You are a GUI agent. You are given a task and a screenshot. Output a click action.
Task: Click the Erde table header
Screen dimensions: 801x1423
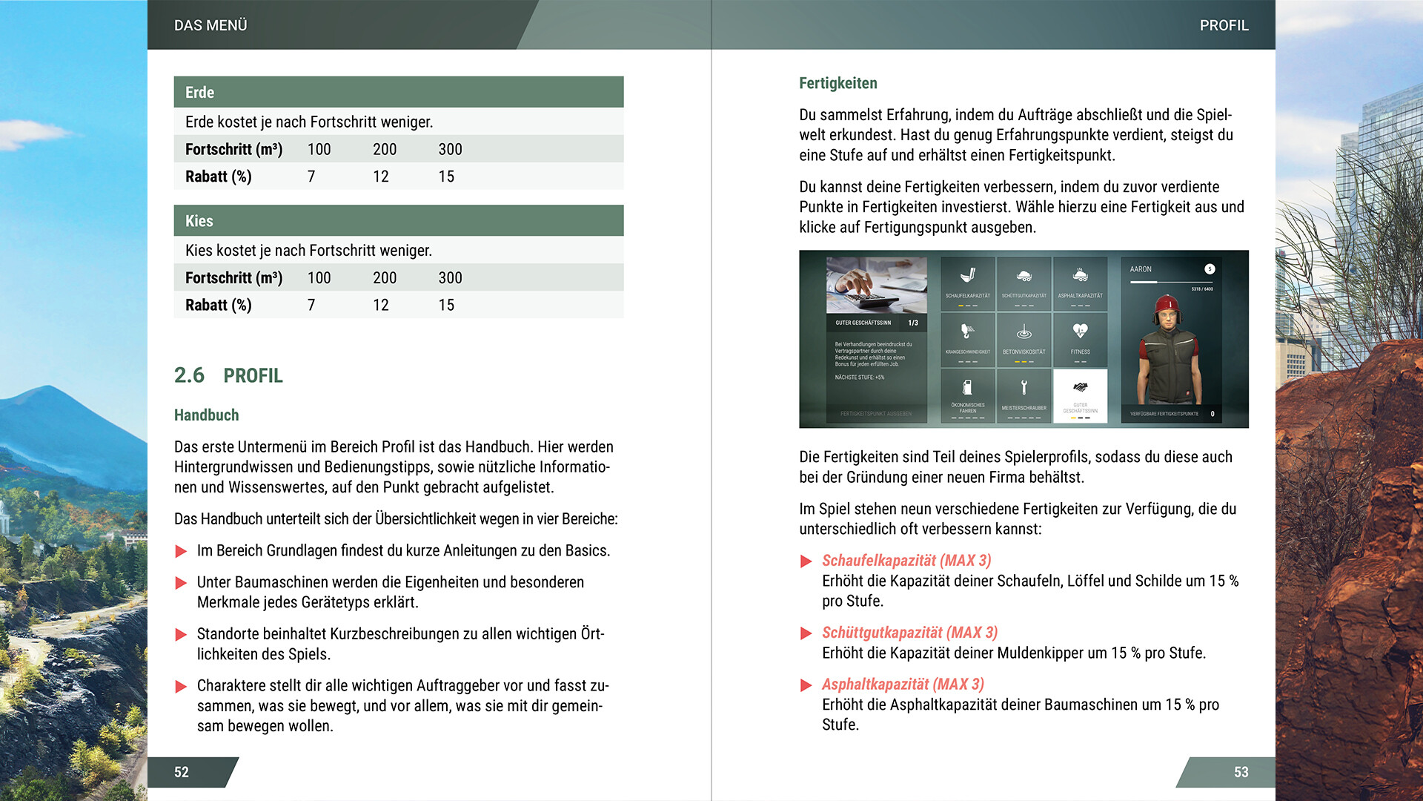pos(398,92)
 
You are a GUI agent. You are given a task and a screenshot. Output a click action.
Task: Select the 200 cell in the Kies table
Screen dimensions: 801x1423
pos(385,278)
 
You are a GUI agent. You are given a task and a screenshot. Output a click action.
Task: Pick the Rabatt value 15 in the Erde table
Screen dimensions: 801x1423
pos(446,177)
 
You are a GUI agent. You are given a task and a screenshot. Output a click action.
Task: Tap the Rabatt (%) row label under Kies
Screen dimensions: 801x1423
pos(219,305)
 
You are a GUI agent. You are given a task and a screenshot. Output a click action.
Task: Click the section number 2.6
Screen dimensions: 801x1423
pos(189,375)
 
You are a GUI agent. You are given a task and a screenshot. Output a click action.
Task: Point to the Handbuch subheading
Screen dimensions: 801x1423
pos(206,415)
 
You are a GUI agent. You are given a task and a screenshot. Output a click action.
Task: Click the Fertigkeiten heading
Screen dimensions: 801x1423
pos(837,83)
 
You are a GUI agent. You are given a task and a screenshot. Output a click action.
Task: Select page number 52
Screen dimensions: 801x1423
pos(182,772)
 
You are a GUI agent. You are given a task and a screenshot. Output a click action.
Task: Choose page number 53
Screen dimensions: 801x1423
pos(1241,772)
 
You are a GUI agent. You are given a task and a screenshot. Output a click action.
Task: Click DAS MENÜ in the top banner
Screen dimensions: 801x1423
pos(210,25)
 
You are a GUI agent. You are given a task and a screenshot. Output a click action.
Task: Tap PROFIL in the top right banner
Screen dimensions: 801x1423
pos(1224,25)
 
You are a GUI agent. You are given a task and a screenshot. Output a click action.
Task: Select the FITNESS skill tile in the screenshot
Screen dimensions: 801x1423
pos(1080,340)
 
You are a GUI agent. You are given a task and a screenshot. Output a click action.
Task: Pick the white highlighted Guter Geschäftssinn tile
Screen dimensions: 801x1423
pos(1080,395)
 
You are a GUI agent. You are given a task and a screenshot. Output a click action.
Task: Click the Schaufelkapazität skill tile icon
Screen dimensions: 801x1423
pos(967,276)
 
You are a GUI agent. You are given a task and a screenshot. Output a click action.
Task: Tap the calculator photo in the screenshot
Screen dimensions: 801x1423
pos(876,285)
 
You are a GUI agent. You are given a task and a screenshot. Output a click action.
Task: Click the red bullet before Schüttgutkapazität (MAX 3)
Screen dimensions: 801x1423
pos(806,633)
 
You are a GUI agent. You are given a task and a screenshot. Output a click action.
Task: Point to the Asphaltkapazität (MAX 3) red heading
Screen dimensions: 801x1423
pos(903,685)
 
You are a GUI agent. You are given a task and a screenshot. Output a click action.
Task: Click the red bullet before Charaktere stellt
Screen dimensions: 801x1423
pos(181,687)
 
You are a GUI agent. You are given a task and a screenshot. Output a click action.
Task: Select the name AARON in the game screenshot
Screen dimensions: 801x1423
pos(1141,269)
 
